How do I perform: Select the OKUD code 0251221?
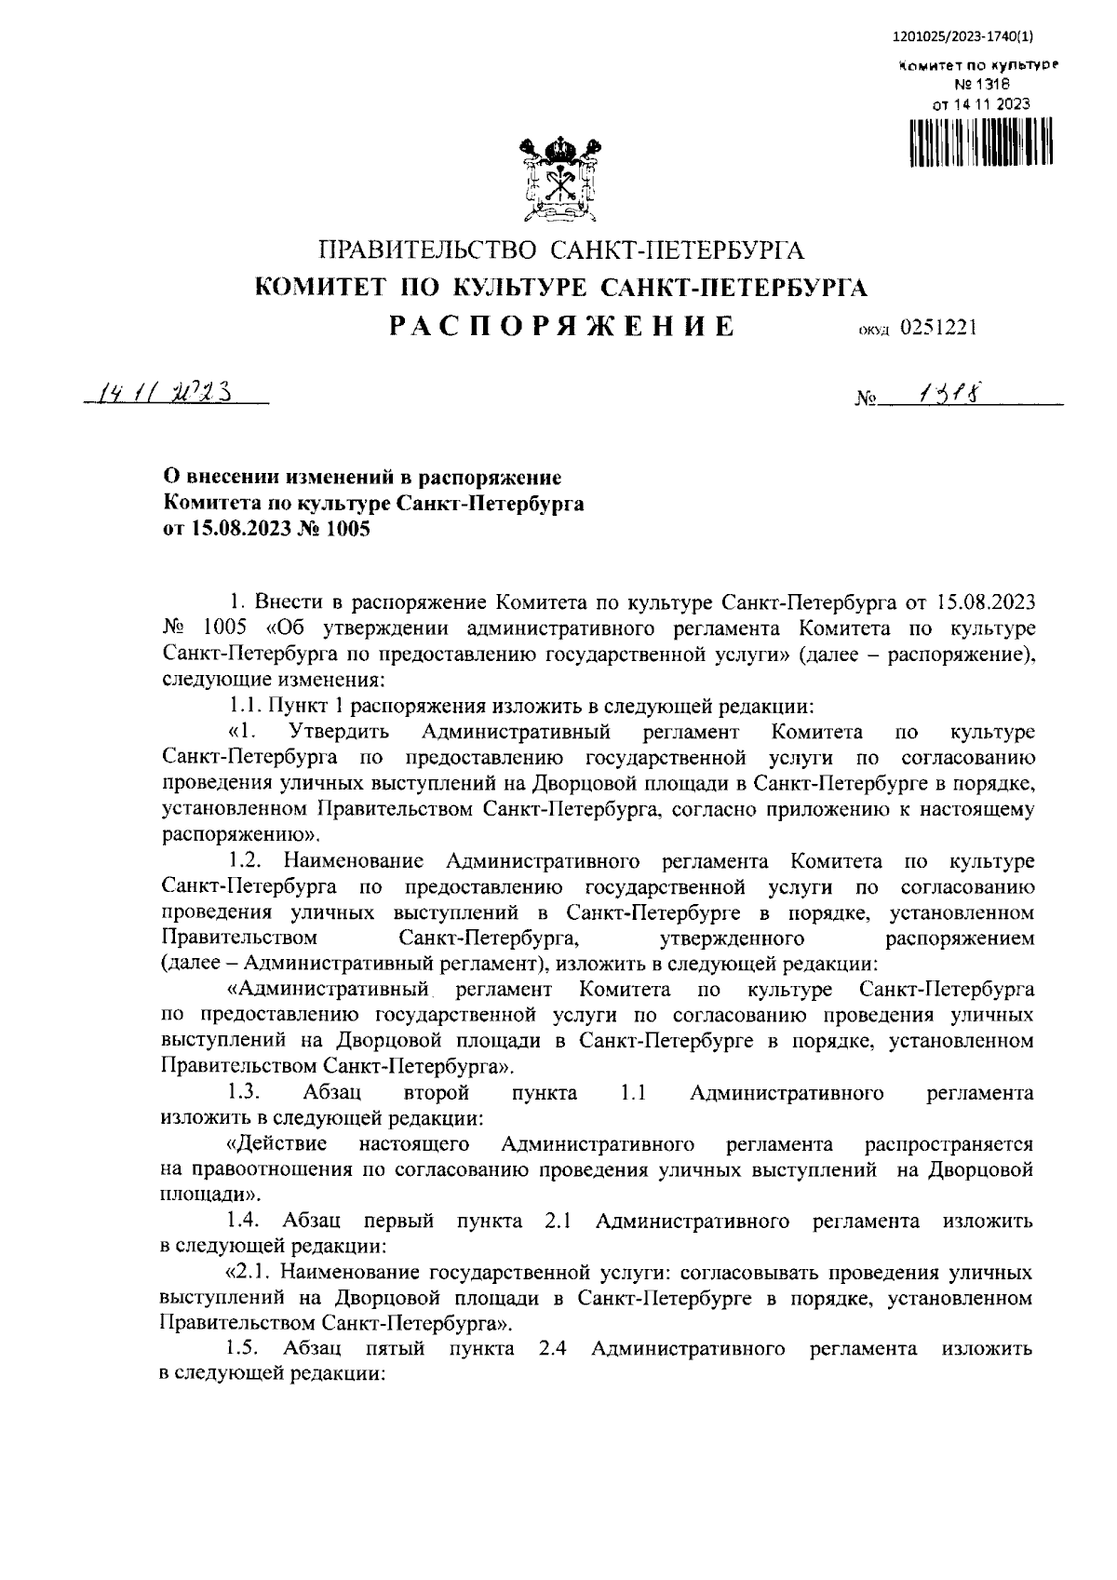point(937,329)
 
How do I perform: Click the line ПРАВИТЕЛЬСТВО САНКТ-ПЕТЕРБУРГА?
point(561,250)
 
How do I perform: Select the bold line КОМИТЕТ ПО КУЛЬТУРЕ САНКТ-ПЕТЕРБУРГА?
point(561,288)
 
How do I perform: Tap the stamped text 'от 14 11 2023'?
point(981,104)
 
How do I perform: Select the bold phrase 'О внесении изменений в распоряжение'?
point(363,479)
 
